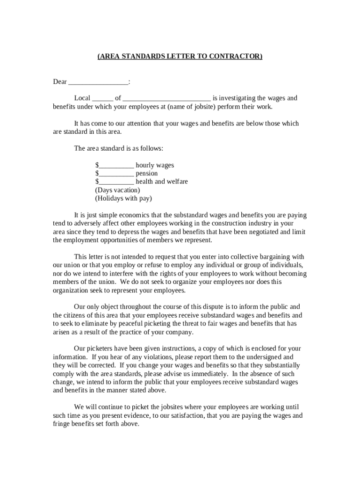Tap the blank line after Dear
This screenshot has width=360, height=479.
98,83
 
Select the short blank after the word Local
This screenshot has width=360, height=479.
102,99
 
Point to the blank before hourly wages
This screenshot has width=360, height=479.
116,166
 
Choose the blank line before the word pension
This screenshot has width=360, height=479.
116,174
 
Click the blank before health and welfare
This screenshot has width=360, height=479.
116,182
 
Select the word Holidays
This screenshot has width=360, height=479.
110,198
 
